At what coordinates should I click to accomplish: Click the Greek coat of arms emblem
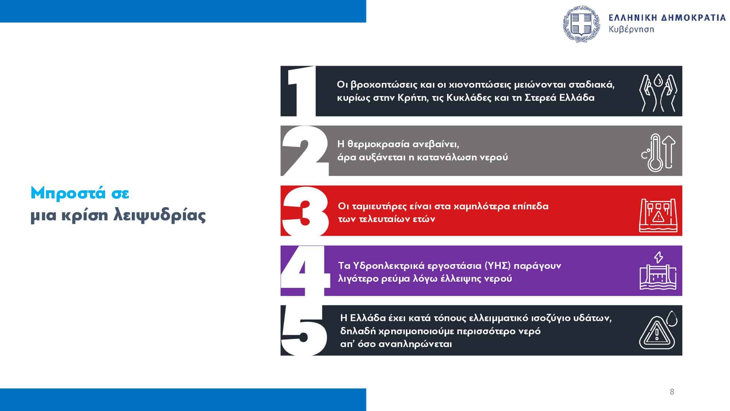(x=582, y=24)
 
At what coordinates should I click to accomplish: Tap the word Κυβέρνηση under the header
(x=631, y=30)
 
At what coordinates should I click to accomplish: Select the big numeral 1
(x=301, y=91)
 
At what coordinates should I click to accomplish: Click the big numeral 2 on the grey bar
(x=305, y=151)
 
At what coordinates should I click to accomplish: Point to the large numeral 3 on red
(x=305, y=211)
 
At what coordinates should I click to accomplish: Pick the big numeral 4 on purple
(x=304, y=271)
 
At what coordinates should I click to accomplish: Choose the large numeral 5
(x=304, y=330)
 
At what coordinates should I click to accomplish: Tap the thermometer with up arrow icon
(x=658, y=152)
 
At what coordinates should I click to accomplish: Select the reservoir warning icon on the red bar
(x=658, y=215)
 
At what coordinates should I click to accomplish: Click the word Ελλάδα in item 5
(x=368, y=318)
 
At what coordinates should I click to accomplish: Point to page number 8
(x=672, y=392)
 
